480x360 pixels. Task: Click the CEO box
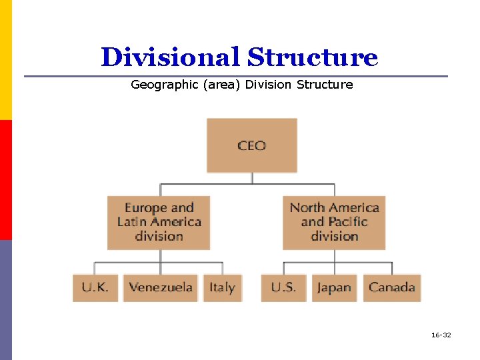[x=251, y=145]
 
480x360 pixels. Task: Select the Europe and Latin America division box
[x=159, y=222]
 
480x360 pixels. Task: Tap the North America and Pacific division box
[x=334, y=222]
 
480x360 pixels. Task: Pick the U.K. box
[x=95, y=287]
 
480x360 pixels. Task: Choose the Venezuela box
[x=161, y=287]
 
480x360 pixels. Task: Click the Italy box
[x=222, y=287]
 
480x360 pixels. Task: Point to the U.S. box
[x=283, y=287]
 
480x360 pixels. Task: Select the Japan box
[x=334, y=287]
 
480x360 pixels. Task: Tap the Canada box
[x=392, y=287]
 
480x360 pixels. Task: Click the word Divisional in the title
[x=170, y=57]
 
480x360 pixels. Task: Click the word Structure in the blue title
[x=313, y=57]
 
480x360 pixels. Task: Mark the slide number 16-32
[x=441, y=335]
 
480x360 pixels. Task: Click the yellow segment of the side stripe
[x=6, y=60]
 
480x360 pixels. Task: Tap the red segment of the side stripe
[x=6, y=180]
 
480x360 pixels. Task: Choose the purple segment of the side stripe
[x=6, y=300]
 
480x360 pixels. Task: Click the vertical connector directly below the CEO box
[x=251, y=177]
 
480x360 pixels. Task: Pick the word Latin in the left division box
[x=131, y=221]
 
